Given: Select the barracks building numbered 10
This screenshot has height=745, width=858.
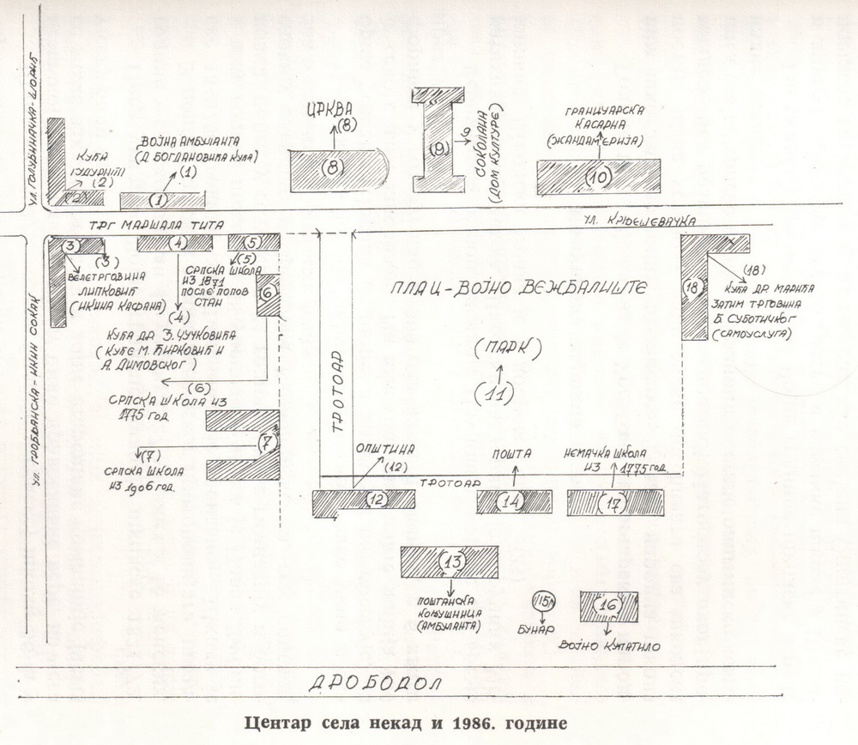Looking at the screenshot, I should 598,176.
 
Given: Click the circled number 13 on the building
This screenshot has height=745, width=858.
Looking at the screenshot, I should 452,562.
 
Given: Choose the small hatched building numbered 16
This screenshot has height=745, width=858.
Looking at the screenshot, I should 608,606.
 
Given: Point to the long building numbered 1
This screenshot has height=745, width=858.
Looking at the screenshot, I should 161,200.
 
